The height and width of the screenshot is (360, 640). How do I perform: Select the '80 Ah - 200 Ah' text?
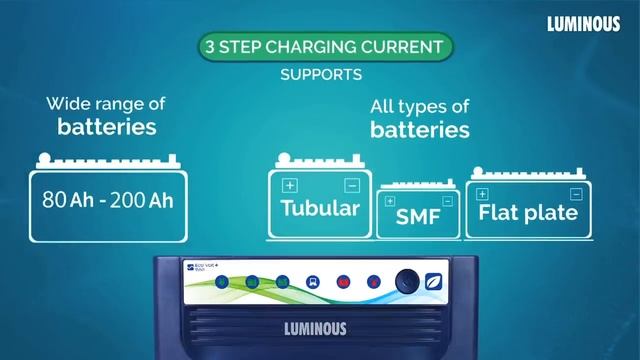tap(108, 199)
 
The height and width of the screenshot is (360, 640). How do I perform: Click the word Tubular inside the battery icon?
tap(320, 208)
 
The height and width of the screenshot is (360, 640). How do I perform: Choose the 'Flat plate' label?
tap(528, 212)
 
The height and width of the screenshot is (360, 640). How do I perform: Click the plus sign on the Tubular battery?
tap(290, 186)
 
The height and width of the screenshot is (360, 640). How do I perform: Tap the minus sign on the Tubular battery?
tap(351, 186)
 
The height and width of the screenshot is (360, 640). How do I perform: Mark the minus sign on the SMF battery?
tap(446, 201)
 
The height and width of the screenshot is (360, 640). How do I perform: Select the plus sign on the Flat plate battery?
tap(482, 193)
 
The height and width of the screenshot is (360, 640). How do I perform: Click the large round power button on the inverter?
tap(407, 282)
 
